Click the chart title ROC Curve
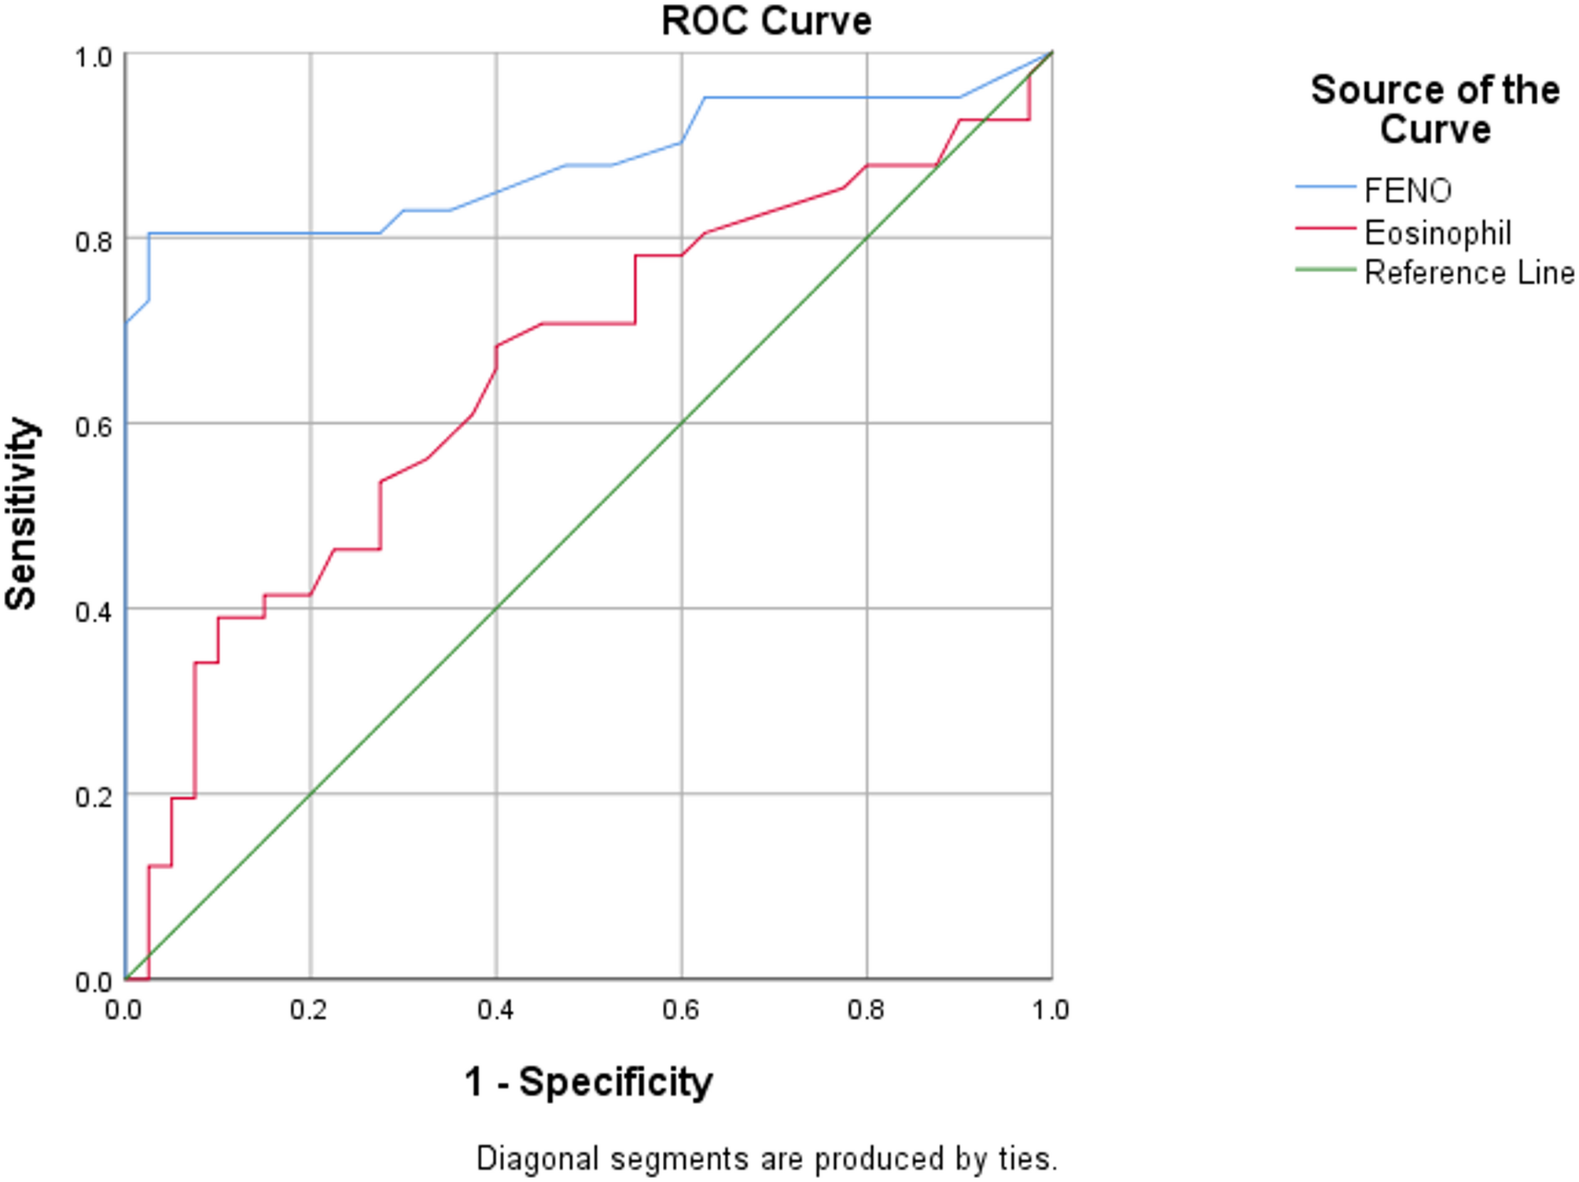pos(766,21)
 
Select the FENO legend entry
pos(1408,190)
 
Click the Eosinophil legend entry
pos(1437,233)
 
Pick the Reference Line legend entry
pos(1469,273)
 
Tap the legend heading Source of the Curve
pos(1435,109)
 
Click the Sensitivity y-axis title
pos(21,514)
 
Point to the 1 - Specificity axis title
pos(588,1082)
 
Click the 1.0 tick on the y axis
pos(93,57)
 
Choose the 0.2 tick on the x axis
pos(308,1010)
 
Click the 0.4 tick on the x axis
pos(495,1010)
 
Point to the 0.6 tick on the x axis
pos(681,1010)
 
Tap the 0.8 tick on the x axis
pos(866,1010)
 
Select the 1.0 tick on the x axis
pos(1051,1010)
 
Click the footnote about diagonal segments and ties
pos(767,1158)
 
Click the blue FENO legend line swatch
pos(1326,187)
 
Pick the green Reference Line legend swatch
pos(1326,270)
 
